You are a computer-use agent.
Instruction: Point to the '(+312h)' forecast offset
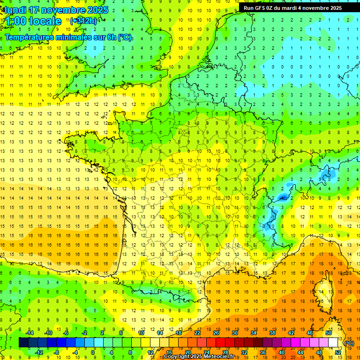coord(83,21)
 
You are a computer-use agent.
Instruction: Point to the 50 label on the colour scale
coord(328,333)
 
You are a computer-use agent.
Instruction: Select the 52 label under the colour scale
coord(337,352)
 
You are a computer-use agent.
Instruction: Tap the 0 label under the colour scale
coord(93,352)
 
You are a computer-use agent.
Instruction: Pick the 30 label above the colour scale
coord(234,333)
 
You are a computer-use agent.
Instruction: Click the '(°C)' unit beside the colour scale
coord(349,343)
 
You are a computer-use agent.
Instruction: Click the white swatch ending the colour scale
coord(333,343)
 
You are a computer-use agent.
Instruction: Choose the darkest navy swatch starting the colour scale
coord(23,343)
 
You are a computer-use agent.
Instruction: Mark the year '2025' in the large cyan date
coord(96,10)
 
